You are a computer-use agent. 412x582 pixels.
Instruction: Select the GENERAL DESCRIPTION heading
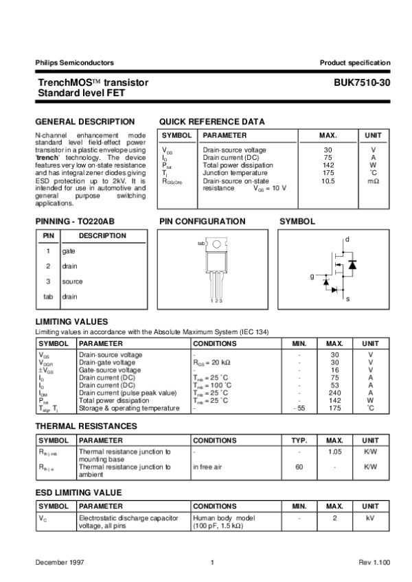pos(80,121)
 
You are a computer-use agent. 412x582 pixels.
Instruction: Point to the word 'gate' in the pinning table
pos(69,252)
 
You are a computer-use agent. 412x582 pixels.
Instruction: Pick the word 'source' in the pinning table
pos(72,281)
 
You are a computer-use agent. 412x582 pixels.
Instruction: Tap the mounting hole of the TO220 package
pos(216,244)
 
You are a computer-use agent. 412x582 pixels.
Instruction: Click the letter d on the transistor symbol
pos(347,239)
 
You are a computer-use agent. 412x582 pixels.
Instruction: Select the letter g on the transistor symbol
pos(311,276)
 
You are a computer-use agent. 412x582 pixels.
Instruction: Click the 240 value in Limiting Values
pos(334,393)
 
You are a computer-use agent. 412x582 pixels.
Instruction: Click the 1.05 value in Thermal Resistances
pos(334,452)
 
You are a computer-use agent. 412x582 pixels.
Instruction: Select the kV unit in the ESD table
pos(370,518)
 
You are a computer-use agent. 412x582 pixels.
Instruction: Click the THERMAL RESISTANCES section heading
pos(86,426)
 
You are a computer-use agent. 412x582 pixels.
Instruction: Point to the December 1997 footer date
pos(60,563)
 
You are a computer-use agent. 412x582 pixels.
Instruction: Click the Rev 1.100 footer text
pos(374,563)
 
